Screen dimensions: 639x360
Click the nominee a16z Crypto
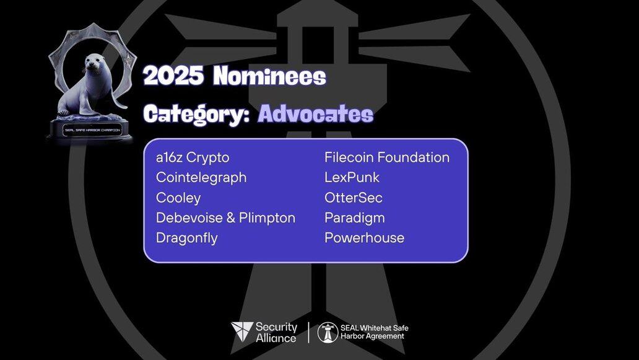(x=193, y=158)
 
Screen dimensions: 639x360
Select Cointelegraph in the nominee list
(x=201, y=178)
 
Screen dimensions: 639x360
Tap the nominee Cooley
(x=178, y=198)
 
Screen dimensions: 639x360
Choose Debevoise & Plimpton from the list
(x=226, y=217)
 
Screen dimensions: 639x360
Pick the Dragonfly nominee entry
(x=187, y=238)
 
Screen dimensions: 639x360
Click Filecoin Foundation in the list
(x=387, y=157)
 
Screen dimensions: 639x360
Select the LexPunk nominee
(x=352, y=177)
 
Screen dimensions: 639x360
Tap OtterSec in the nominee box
(x=354, y=198)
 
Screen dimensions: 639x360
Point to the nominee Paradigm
(x=355, y=218)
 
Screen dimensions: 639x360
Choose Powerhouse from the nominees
(x=365, y=238)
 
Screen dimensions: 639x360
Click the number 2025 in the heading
(x=173, y=76)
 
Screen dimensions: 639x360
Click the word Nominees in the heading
(x=270, y=76)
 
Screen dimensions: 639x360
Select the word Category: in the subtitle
(x=197, y=115)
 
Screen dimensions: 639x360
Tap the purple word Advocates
(x=316, y=114)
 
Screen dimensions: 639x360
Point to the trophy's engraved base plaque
(x=92, y=130)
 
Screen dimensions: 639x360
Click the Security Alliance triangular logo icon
(x=241, y=331)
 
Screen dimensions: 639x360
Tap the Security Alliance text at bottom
(x=276, y=332)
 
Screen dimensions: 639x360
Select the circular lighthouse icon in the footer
(x=328, y=332)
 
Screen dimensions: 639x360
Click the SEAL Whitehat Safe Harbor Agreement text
(x=375, y=332)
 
